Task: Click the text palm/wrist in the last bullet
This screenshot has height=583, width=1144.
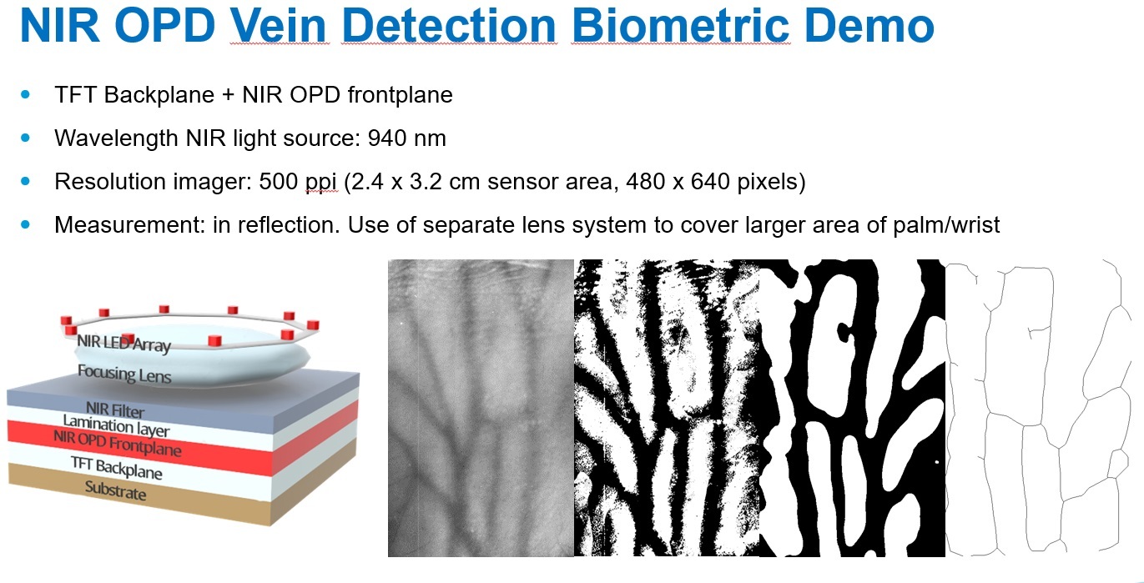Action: (x=946, y=225)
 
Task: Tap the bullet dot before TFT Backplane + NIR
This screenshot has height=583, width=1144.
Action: (x=26, y=94)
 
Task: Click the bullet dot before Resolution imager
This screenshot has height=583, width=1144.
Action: (x=26, y=181)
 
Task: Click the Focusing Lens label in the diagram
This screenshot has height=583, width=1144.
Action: (x=124, y=374)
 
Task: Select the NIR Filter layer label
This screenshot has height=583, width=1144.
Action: (x=115, y=410)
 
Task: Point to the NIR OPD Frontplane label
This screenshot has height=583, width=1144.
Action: (x=118, y=443)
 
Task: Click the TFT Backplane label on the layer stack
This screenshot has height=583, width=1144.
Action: (x=117, y=468)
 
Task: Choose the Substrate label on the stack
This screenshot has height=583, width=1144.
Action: (x=115, y=490)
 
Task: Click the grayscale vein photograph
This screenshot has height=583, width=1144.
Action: (x=481, y=408)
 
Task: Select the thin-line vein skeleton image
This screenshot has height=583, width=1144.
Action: (x=1036, y=408)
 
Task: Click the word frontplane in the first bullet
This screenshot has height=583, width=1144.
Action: (x=400, y=95)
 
